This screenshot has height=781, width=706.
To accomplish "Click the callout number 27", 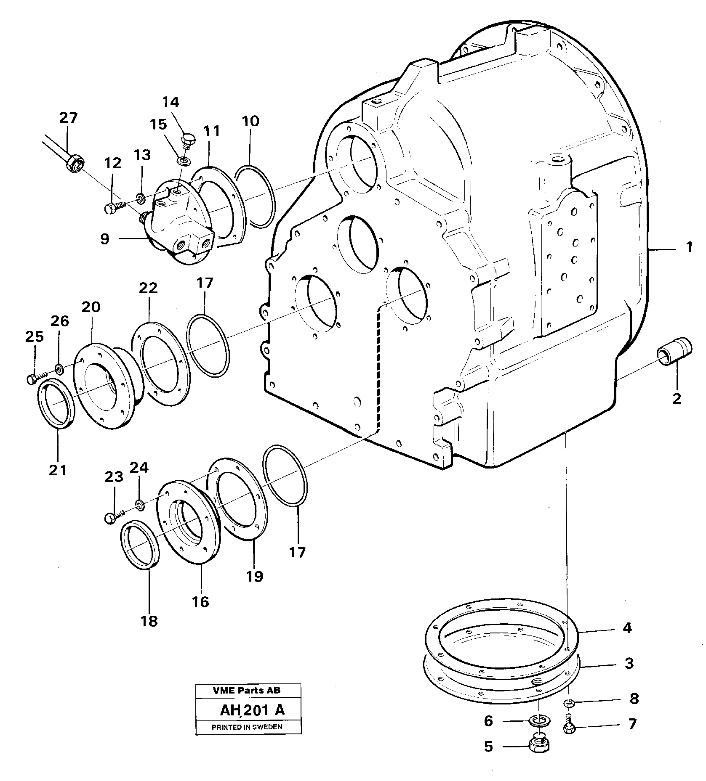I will click(x=68, y=118).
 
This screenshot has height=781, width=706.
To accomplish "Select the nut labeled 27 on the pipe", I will click(x=76, y=162).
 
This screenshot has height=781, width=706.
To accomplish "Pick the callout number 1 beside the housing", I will click(x=689, y=248).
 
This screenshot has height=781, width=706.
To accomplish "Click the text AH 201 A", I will click(x=252, y=710).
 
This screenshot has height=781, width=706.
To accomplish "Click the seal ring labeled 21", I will click(x=57, y=403).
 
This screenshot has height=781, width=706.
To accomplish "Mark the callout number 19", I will click(x=255, y=575).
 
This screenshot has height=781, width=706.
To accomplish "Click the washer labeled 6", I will click(x=536, y=721).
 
